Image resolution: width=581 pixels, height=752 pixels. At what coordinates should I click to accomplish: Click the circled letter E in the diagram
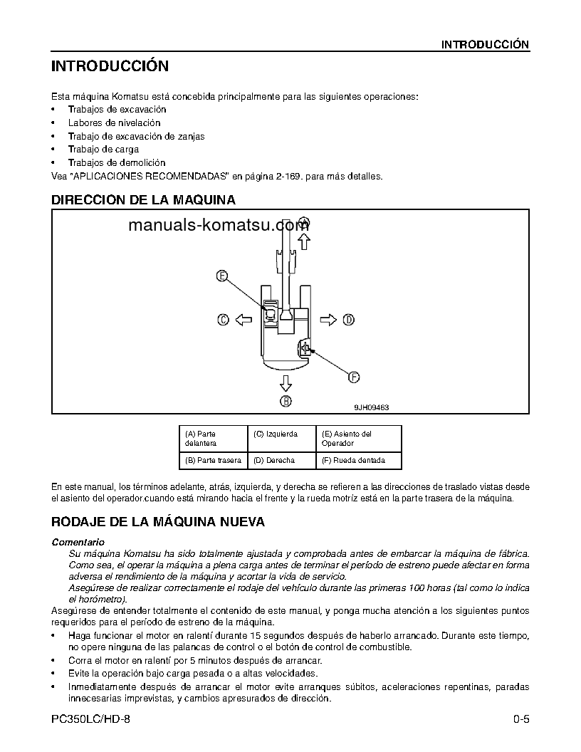click(x=222, y=276)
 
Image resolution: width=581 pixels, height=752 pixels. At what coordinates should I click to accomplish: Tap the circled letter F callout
click(x=353, y=377)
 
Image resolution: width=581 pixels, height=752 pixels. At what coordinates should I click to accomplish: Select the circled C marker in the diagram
click(x=223, y=320)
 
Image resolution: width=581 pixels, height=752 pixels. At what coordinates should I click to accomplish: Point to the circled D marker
click(x=348, y=320)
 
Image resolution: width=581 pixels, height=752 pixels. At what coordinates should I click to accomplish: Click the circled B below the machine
click(x=286, y=402)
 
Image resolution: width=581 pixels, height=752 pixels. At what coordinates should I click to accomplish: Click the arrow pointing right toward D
click(x=328, y=320)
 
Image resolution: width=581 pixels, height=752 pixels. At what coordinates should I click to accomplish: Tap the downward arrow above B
click(x=286, y=384)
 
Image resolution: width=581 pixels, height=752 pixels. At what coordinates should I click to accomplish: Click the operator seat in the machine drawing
click(x=271, y=314)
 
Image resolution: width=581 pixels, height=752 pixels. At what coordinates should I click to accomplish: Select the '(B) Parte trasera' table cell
click(x=213, y=460)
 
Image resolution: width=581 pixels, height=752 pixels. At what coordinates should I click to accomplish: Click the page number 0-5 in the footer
click(x=520, y=719)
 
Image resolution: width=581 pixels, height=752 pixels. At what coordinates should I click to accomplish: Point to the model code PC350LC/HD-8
click(x=91, y=719)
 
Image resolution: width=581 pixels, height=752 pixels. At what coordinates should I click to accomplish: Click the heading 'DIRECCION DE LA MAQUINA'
click(x=143, y=200)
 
